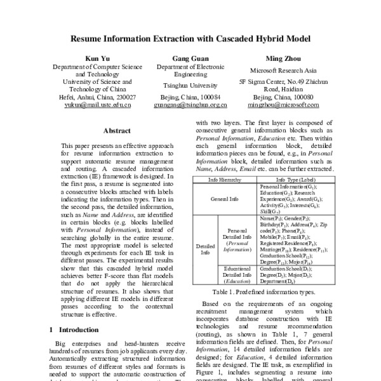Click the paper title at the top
point(190,38)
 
